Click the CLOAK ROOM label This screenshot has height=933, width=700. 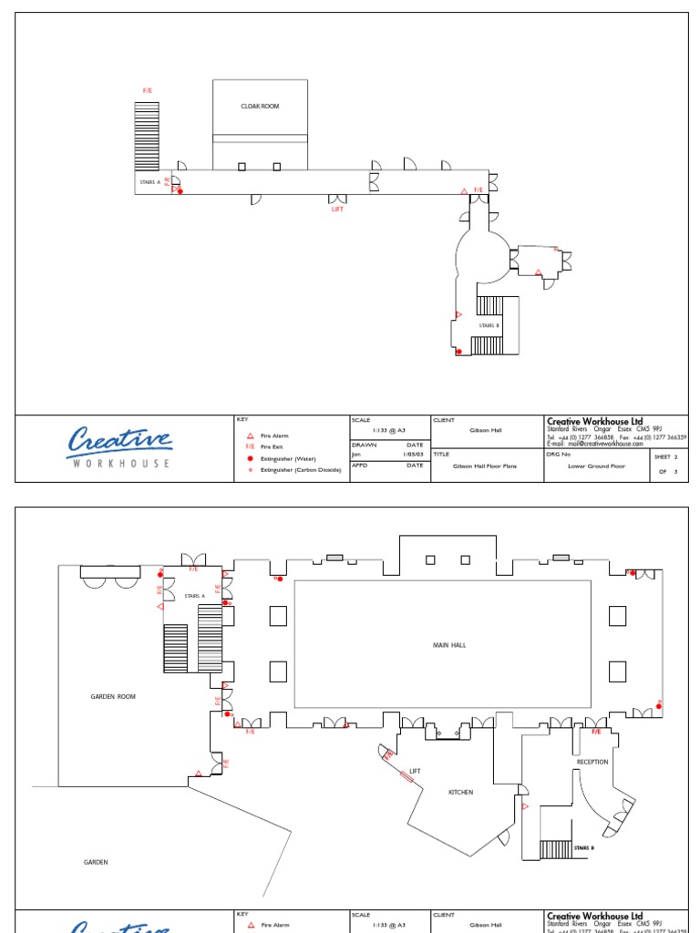tap(260, 107)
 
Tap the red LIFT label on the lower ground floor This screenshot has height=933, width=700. tap(337, 209)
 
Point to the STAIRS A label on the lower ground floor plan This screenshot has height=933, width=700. tap(149, 182)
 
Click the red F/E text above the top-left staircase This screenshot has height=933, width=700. tap(148, 91)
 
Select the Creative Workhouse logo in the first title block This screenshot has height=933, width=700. tap(119, 447)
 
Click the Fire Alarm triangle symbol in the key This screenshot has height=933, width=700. tap(250, 436)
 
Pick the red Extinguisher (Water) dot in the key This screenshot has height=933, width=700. tap(250, 458)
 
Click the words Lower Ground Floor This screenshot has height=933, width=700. tap(596, 466)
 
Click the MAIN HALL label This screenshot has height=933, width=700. tap(448, 645)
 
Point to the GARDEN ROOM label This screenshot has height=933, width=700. tap(113, 696)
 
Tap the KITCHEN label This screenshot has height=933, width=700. tap(460, 793)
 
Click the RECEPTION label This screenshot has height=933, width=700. tap(592, 762)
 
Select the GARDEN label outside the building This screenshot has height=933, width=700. tap(96, 862)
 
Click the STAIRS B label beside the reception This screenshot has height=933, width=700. tap(583, 848)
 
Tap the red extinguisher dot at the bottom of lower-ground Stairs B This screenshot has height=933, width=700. tap(458, 352)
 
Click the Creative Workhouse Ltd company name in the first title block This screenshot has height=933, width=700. tap(594, 421)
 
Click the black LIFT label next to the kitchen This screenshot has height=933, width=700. tap(415, 772)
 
